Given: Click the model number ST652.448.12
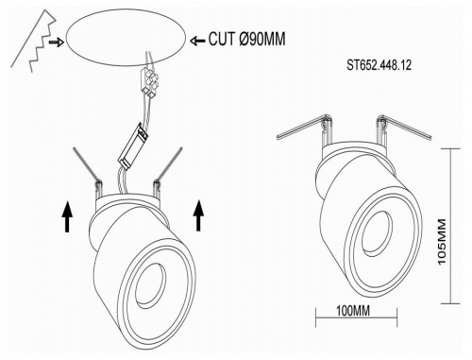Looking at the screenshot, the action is click(x=379, y=65).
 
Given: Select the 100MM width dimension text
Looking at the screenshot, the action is click(x=353, y=311).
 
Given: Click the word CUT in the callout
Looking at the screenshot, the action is click(x=221, y=39).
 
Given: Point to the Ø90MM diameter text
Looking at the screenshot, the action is click(x=262, y=39).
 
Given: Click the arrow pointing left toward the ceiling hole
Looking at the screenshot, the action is click(x=197, y=41).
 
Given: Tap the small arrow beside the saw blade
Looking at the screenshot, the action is click(x=57, y=42).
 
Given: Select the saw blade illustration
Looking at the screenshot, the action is click(x=33, y=41).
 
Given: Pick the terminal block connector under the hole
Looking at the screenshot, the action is click(x=148, y=81).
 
